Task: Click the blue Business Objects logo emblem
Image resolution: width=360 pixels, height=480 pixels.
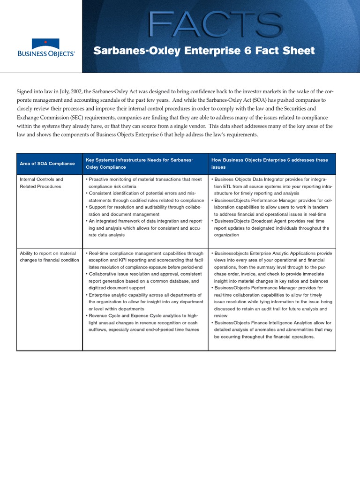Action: (x=45, y=44)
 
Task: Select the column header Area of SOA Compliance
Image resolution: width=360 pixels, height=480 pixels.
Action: (x=47, y=164)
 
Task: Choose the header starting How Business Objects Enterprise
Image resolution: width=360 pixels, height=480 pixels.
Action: (x=270, y=163)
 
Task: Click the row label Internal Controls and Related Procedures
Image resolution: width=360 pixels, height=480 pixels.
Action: (x=41, y=183)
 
